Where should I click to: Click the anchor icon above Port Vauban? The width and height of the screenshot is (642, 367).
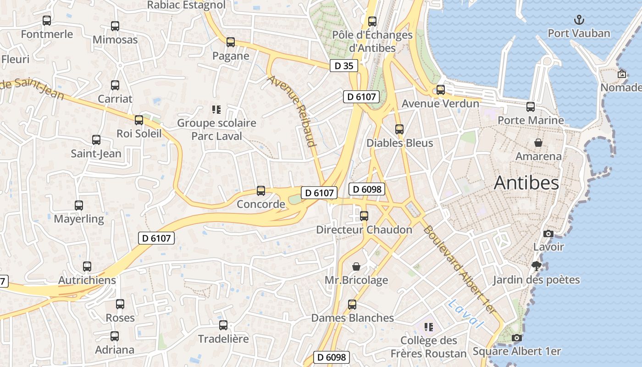tap(579, 20)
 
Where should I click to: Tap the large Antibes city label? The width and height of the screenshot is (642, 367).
tap(526, 183)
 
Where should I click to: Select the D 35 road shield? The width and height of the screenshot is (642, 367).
tap(343, 66)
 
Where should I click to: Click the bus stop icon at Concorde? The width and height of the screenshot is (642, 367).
tap(261, 190)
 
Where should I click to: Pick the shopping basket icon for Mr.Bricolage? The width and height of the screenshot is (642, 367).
tap(356, 267)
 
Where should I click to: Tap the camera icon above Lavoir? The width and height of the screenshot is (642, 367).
tap(548, 234)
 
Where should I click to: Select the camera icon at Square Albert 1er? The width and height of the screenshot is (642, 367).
tap(517, 338)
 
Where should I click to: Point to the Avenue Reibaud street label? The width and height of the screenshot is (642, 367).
tap(293, 111)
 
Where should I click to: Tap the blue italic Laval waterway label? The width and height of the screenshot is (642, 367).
tap(466, 314)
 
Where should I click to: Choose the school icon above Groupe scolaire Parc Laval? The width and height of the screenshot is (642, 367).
tap(216, 109)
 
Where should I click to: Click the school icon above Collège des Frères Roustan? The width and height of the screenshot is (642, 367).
tap(429, 327)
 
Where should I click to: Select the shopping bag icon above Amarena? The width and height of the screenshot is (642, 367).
tap(538, 143)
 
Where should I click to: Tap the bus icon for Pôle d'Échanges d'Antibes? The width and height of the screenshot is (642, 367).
tap(372, 21)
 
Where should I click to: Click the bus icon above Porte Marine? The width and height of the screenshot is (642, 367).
tap(531, 107)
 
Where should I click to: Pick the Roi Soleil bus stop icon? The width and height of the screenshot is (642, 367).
tap(139, 120)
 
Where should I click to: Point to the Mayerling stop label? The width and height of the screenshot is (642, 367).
tap(79, 219)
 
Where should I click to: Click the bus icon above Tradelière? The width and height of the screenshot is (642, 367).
tap(223, 325)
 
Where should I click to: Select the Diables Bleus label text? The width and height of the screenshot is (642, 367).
tap(399, 143)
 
